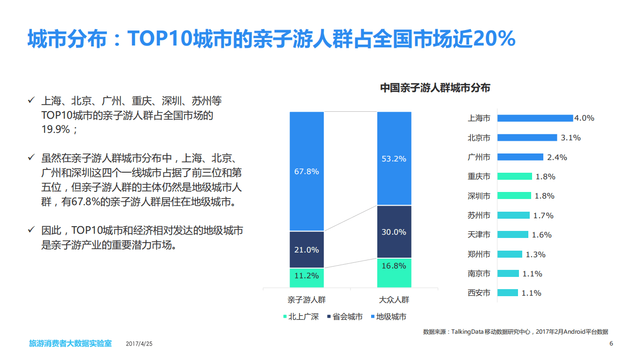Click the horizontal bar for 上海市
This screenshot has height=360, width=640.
(x=535, y=118)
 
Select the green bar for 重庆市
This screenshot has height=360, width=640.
(x=514, y=176)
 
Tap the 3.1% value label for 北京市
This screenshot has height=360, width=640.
(x=571, y=138)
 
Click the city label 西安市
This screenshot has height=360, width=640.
(x=479, y=293)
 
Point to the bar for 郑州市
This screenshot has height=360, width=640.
(x=510, y=254)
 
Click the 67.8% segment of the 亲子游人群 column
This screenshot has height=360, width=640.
(x=306, y=171)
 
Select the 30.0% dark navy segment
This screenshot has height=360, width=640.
(x=394, y=232)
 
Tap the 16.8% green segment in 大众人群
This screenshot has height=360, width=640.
(x=394, y=272)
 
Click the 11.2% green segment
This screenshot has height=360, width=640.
(x=306, y=277)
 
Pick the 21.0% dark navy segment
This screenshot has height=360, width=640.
(x=306, y=250)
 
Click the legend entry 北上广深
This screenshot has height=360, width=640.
(x=301, y=317)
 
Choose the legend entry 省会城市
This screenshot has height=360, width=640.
(x=344, y=317)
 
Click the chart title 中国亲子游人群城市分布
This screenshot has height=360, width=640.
(x=434, y=88)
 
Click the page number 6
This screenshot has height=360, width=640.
(x=611, y=344)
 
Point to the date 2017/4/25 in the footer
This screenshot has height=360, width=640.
(x=139, y=344)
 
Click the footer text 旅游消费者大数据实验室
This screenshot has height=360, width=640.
(x=70, y=344)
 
